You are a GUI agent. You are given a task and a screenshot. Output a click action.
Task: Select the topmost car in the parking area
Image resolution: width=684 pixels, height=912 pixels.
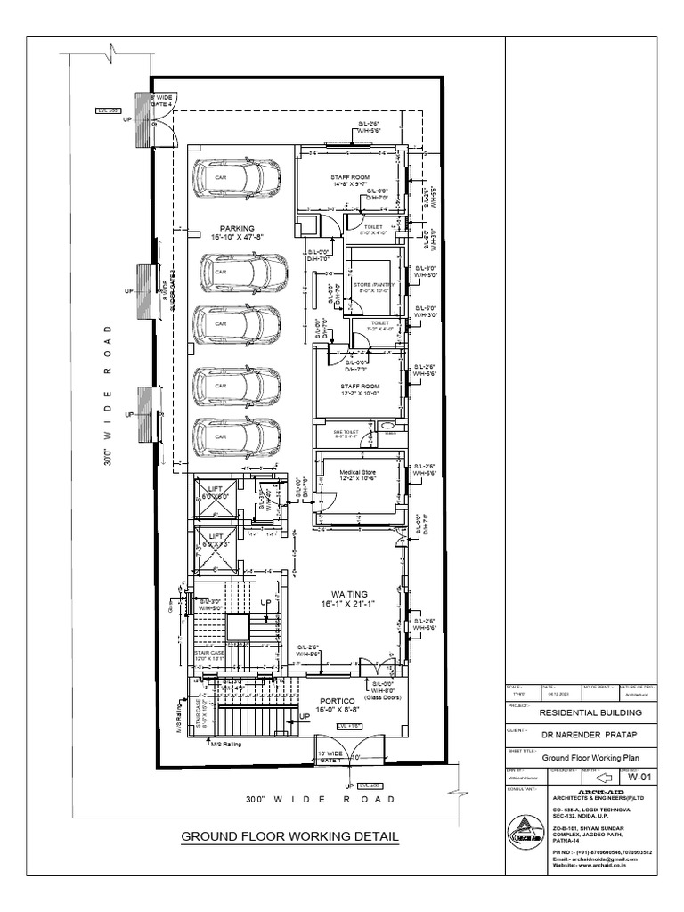click(x=237, y=177)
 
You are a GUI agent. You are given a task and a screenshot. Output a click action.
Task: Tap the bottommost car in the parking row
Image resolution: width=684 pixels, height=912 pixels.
click(x=238, y=436)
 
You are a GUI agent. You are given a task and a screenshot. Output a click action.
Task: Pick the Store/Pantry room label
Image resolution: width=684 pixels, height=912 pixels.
click(x=377, y=287)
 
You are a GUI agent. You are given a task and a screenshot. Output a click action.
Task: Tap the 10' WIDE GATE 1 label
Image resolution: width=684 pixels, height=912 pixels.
click(x=331, y=757)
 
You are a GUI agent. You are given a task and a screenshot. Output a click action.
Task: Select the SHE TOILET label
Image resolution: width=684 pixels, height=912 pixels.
click(x=346, y=434)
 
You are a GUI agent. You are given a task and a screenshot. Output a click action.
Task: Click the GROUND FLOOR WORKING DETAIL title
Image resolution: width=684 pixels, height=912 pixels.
click(x=289, y=836)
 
